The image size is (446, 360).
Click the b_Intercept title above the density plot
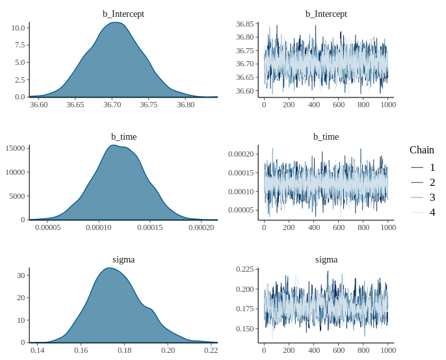[x=124, y=14]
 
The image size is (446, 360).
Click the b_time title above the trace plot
[x=326, y=136]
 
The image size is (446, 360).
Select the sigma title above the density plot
[x=124, y=259]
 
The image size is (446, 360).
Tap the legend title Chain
[x=422, y=150]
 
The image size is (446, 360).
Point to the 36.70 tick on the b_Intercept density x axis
[x=112, y=105]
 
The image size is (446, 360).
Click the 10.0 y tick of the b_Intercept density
[x=18, y=28]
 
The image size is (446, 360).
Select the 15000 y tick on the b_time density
[x=14, y=148]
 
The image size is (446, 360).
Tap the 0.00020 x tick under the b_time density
[x=201, y=227]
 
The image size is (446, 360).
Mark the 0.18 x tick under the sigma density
[x=124, y=350]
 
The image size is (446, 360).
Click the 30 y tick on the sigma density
[x=20, y=276]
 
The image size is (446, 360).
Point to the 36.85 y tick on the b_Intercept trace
[x=245, y=24]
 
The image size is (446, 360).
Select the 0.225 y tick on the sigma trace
[x=245, y=269]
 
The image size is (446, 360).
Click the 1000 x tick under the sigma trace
[x=388, y=350]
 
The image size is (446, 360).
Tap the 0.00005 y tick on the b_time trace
[x=241, y=210]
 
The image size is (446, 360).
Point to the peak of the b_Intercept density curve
[x=114, y=23]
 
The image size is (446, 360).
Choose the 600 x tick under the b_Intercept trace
[x=338, y=105]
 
